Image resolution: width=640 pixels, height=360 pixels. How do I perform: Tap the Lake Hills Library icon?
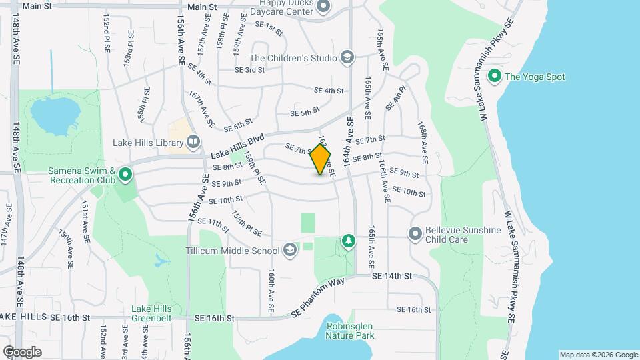click(193, 141)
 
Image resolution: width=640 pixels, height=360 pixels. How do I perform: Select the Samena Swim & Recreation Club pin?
click(126, 177)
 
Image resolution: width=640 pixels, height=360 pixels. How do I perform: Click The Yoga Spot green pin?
click(495, 76)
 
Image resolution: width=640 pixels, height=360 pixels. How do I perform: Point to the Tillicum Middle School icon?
click(289, 251)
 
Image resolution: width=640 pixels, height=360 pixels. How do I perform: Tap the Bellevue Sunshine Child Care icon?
click(415, 234)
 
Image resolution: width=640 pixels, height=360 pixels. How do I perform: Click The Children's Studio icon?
click(346, 57)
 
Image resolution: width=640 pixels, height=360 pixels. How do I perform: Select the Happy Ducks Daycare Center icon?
click(324, 7)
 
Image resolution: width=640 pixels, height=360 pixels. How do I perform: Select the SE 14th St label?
click(393, 275)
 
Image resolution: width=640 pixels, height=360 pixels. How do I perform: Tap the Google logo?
click(22, 351)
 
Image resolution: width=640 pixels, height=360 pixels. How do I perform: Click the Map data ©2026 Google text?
click(598, 355)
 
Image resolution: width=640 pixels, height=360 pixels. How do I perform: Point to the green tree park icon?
click(347, 241)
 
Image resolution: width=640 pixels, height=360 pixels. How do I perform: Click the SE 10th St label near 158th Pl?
click(225, 200)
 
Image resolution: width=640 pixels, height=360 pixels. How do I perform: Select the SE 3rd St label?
click(249, 69)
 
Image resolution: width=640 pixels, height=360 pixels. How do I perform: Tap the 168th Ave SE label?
click(423, 143)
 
